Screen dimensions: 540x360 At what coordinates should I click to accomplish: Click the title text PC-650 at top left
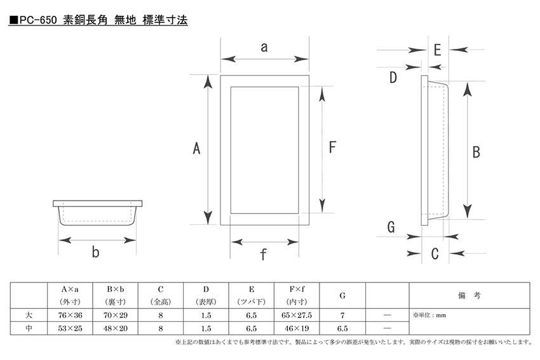pyautogui.click(x=38, y=20)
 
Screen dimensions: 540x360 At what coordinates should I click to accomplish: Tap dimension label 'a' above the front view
pyautogui.click(x=264, y=47)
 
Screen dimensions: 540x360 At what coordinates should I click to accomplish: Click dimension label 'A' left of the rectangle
pyautogui.click(x=196, y=149)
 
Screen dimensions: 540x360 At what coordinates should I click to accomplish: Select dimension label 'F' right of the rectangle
pyautogui.click(x=332, y=147)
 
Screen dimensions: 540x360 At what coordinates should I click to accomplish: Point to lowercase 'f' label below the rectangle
pyautogui.click(x=264, y=255)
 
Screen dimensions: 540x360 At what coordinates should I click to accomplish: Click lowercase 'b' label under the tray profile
pyautogui.click(x=96, y=252)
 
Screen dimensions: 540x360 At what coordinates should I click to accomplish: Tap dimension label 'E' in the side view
pyautogui.click(x=437, y=50)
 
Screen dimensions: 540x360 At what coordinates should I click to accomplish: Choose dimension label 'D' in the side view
pyautogui.click(x=393, y=77)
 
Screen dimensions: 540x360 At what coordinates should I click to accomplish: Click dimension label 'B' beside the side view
pyautogui.click(x=476, y=152)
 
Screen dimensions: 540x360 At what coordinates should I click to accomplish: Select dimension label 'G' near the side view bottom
pyautogui.click(x=391, y=227)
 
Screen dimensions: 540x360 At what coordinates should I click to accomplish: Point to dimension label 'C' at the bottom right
pyautogui.click(x=435, y=254)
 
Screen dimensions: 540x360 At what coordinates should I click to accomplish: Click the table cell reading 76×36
pyautogui.click(x=70, y=316)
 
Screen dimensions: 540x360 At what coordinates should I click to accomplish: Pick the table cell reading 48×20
pyautogui.click(x=116, y=328)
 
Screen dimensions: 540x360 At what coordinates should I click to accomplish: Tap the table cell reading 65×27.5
pyautogui.click(x=297, y=316)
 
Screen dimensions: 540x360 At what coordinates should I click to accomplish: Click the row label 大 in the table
pyautogui.click(x=29, y=315)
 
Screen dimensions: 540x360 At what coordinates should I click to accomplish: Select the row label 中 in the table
pyautogui.click(x=29, y=328)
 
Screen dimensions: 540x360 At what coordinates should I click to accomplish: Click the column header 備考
pyautogui.click(x=469, y=295)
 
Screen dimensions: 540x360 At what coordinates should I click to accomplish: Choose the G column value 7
pyautogui.click(x=342, y=316)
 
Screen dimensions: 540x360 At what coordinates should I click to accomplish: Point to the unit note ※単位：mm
pyautogui.click(x=429, y=316)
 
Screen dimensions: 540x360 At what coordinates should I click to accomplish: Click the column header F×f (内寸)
pyautogui.click(x=297, y=295)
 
